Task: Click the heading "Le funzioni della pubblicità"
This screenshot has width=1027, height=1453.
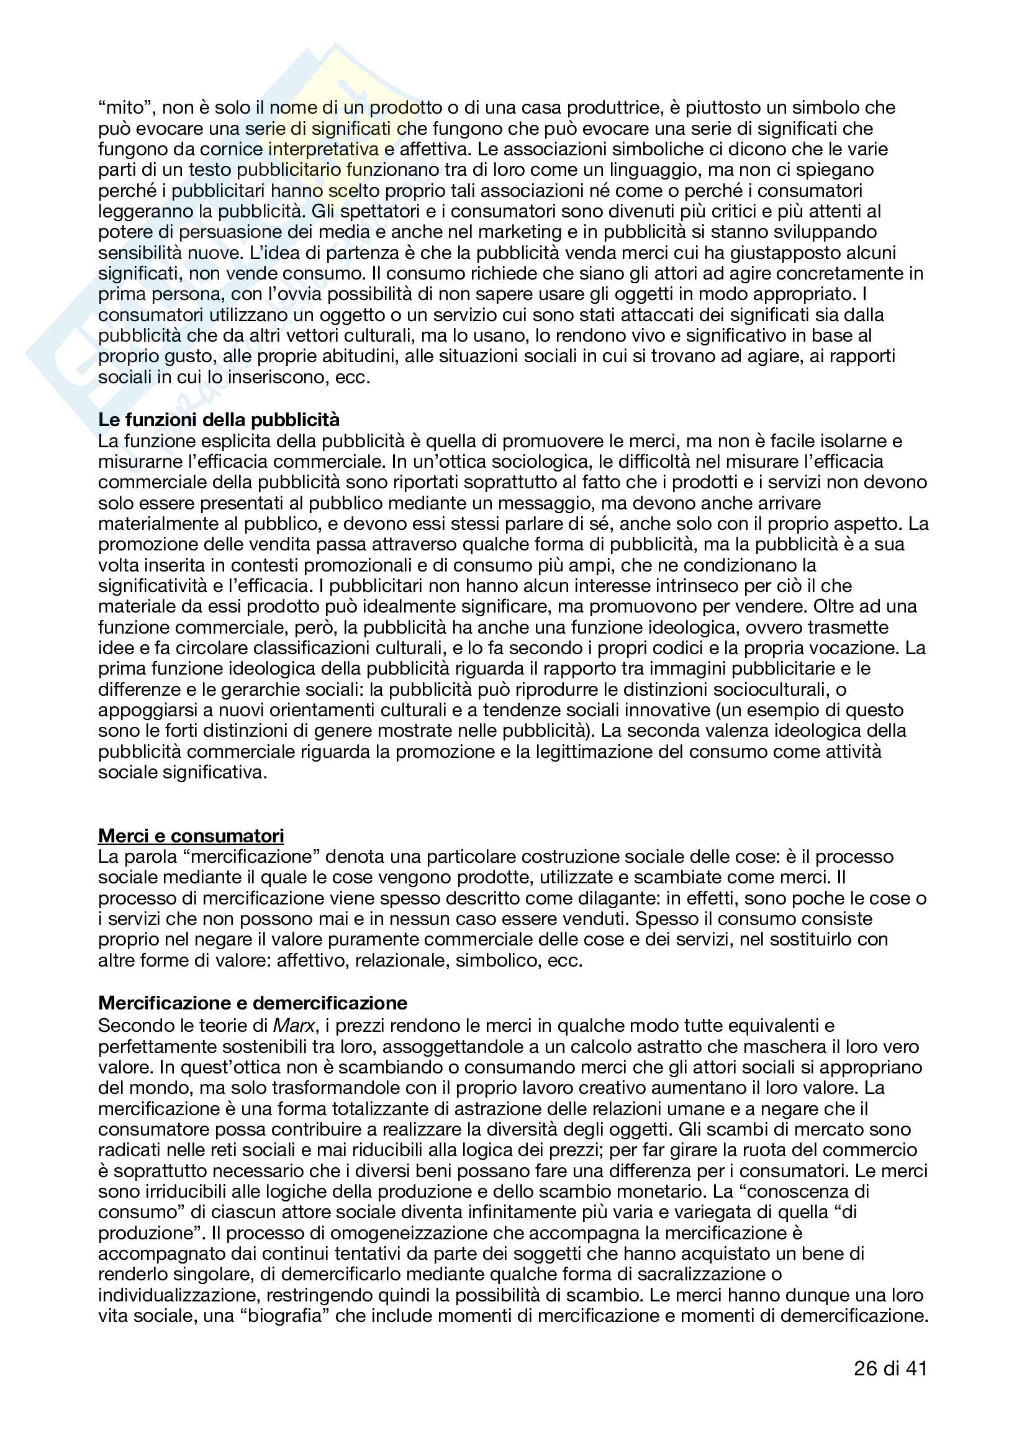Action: click(219, 420)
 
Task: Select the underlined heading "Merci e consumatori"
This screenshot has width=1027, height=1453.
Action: click(191, 836)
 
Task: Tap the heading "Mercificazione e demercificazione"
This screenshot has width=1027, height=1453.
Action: click(253, 1003)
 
